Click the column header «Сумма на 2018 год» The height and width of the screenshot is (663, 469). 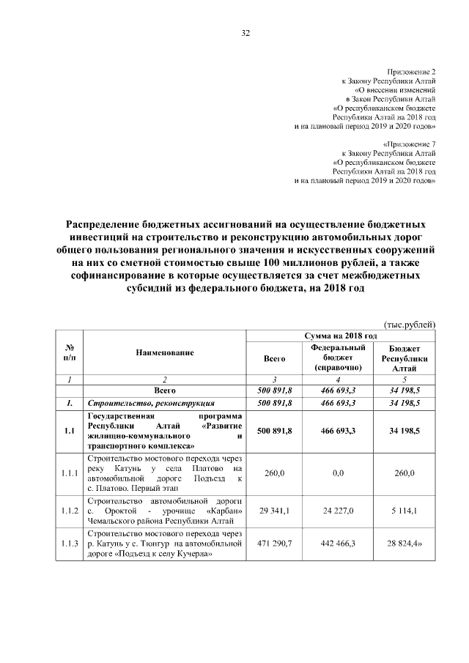pos(340,335)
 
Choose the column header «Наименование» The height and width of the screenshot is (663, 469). pos(164,353)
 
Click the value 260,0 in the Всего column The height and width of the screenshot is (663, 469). pos(275,473)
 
